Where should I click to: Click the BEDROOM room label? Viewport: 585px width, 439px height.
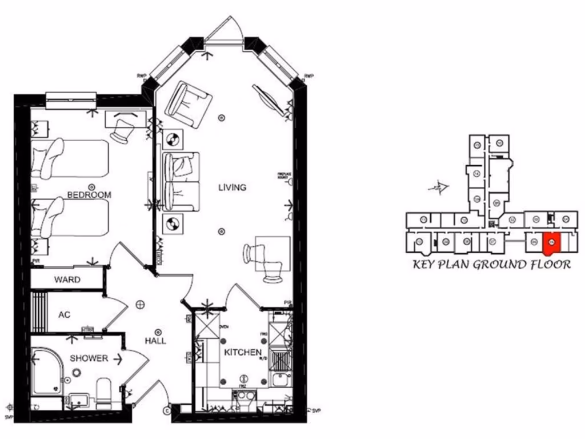click(89, 195)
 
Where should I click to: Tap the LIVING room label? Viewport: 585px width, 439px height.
click(232, 187)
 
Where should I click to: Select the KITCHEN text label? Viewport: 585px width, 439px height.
click(242, 353)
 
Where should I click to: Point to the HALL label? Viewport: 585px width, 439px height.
click(155, 341)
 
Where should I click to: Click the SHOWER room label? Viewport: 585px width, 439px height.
click(89, 358)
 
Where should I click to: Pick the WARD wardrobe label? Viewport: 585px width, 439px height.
click(67, 280)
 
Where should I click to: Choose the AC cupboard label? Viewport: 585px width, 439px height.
click(65, 314)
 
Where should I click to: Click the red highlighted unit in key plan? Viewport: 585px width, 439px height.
click(551, 243)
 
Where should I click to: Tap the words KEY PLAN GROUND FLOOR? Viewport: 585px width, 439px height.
click(492, 265)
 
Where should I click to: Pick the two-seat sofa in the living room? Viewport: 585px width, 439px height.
click(182, 180)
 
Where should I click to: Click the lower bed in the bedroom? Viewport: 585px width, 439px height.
click(69, 217)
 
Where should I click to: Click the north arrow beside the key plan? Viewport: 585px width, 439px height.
click(439, 186)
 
